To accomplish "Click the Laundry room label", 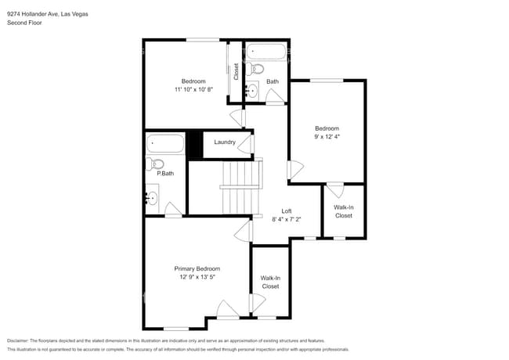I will click(x=225, y=142).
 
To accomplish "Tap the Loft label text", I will click(x=287, y=211).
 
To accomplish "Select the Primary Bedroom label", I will click(x=197, y=268).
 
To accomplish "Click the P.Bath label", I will click(x=164, y=174).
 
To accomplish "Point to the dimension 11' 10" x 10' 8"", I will click(x=193, y=89).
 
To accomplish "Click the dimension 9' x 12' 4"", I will click(x=327, y=136).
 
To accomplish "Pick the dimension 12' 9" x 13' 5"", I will click(x=197, y=276).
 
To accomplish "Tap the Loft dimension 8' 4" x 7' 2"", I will click(x=287, y=219).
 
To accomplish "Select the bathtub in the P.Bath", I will click(x=164, y=143).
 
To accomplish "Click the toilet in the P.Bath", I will click(x=153, y=165).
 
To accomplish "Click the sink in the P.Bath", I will click(x=153, y=198).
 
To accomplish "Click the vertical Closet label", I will click(x=236, y=71).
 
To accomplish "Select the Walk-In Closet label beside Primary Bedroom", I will click(x=270, y=282).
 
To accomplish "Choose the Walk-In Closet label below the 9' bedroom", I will click(x=344, y=211).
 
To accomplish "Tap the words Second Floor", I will click(x=24, y=23).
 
